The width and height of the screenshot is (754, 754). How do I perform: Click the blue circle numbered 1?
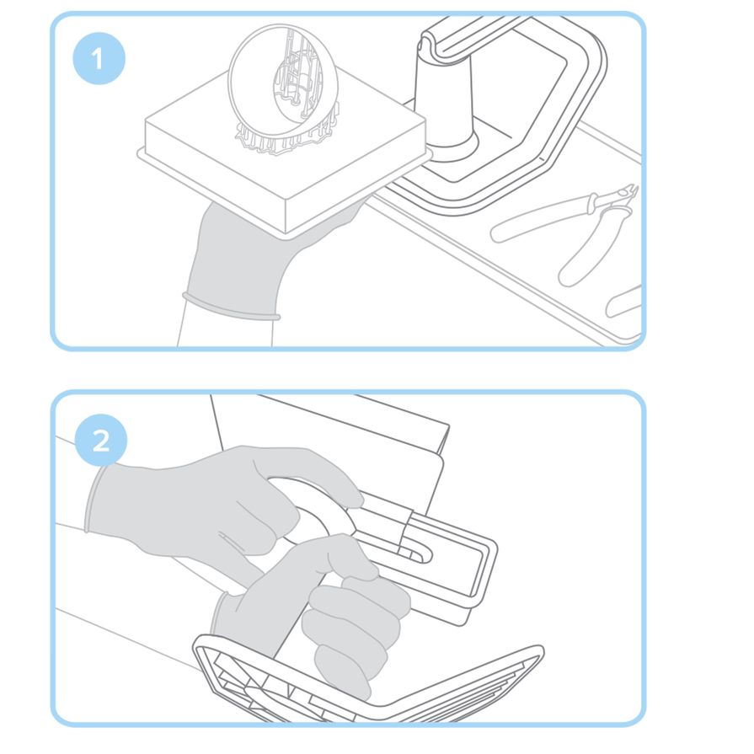click(99, 59)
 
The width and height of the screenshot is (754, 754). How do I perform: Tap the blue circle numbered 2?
click(101, 441)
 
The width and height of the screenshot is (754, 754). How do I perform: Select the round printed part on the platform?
click(283, 81)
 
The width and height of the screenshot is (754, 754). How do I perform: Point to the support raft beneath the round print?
click(287, 137)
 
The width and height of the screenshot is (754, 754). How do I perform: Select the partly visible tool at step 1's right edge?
click(623, 302)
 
